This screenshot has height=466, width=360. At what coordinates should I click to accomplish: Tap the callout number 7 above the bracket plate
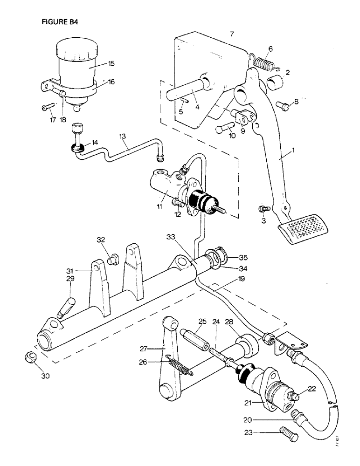pos(232,34)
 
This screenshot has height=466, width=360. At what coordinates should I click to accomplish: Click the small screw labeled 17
pos(44,108)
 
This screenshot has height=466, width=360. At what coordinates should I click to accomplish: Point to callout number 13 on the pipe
pos(123,136)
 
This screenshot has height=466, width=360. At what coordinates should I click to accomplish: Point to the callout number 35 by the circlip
pos(244,257)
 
